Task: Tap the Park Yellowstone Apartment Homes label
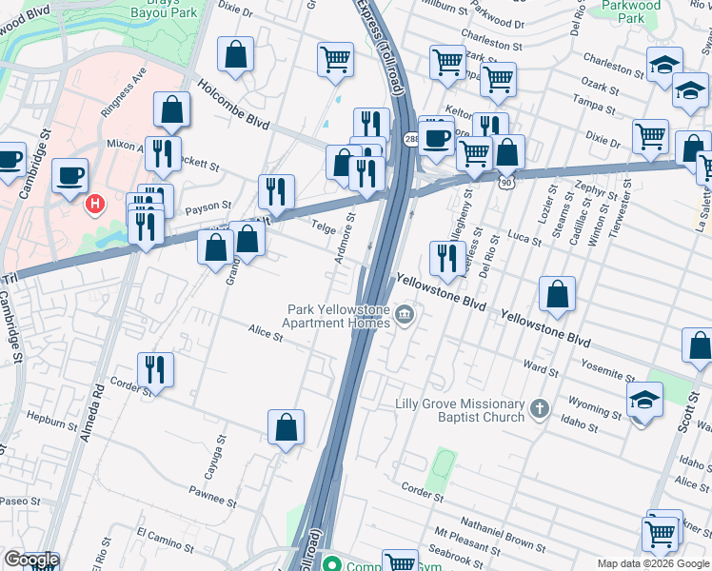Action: coord(340,315)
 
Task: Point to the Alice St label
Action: coord(266,335)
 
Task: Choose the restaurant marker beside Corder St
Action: coord(155,369)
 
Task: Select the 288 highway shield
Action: coord(412,140)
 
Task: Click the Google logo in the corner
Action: coord(30,560)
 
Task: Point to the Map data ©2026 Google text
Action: coord(652,563)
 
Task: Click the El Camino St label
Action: coord(165,541)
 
